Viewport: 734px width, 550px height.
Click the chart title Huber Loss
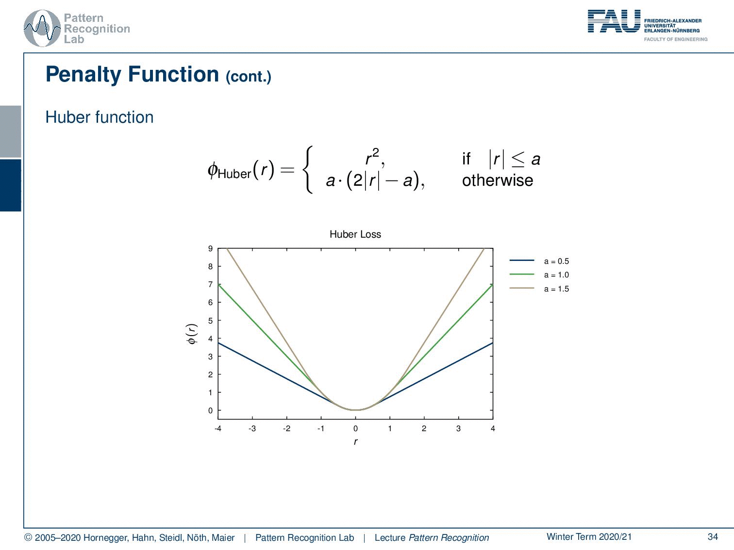[x=355, y=234]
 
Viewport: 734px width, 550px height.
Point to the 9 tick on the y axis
[x=210, y=248]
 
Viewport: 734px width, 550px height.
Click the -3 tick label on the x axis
[x=252, y=428]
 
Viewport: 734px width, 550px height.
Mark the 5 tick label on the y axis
[x=210, y=321]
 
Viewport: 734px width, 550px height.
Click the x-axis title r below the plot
[x=355, y=441]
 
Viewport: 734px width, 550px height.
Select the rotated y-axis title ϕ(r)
[x=192, y=334]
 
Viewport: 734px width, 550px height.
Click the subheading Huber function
[x=100, y=117]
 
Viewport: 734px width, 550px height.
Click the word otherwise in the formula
[x=498, y=180]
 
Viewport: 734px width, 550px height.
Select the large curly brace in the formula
[x=308, y=170]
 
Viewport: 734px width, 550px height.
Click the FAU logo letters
[x=614, y=21]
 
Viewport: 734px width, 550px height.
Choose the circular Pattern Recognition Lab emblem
[x=42, y=29]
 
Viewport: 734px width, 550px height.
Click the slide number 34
[x=713, y=536]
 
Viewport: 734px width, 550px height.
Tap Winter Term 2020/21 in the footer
[x=589, y=536]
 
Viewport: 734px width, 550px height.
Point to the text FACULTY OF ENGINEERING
[x=676, y=39]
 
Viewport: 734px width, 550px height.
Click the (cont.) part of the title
[x=249, y=77]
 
